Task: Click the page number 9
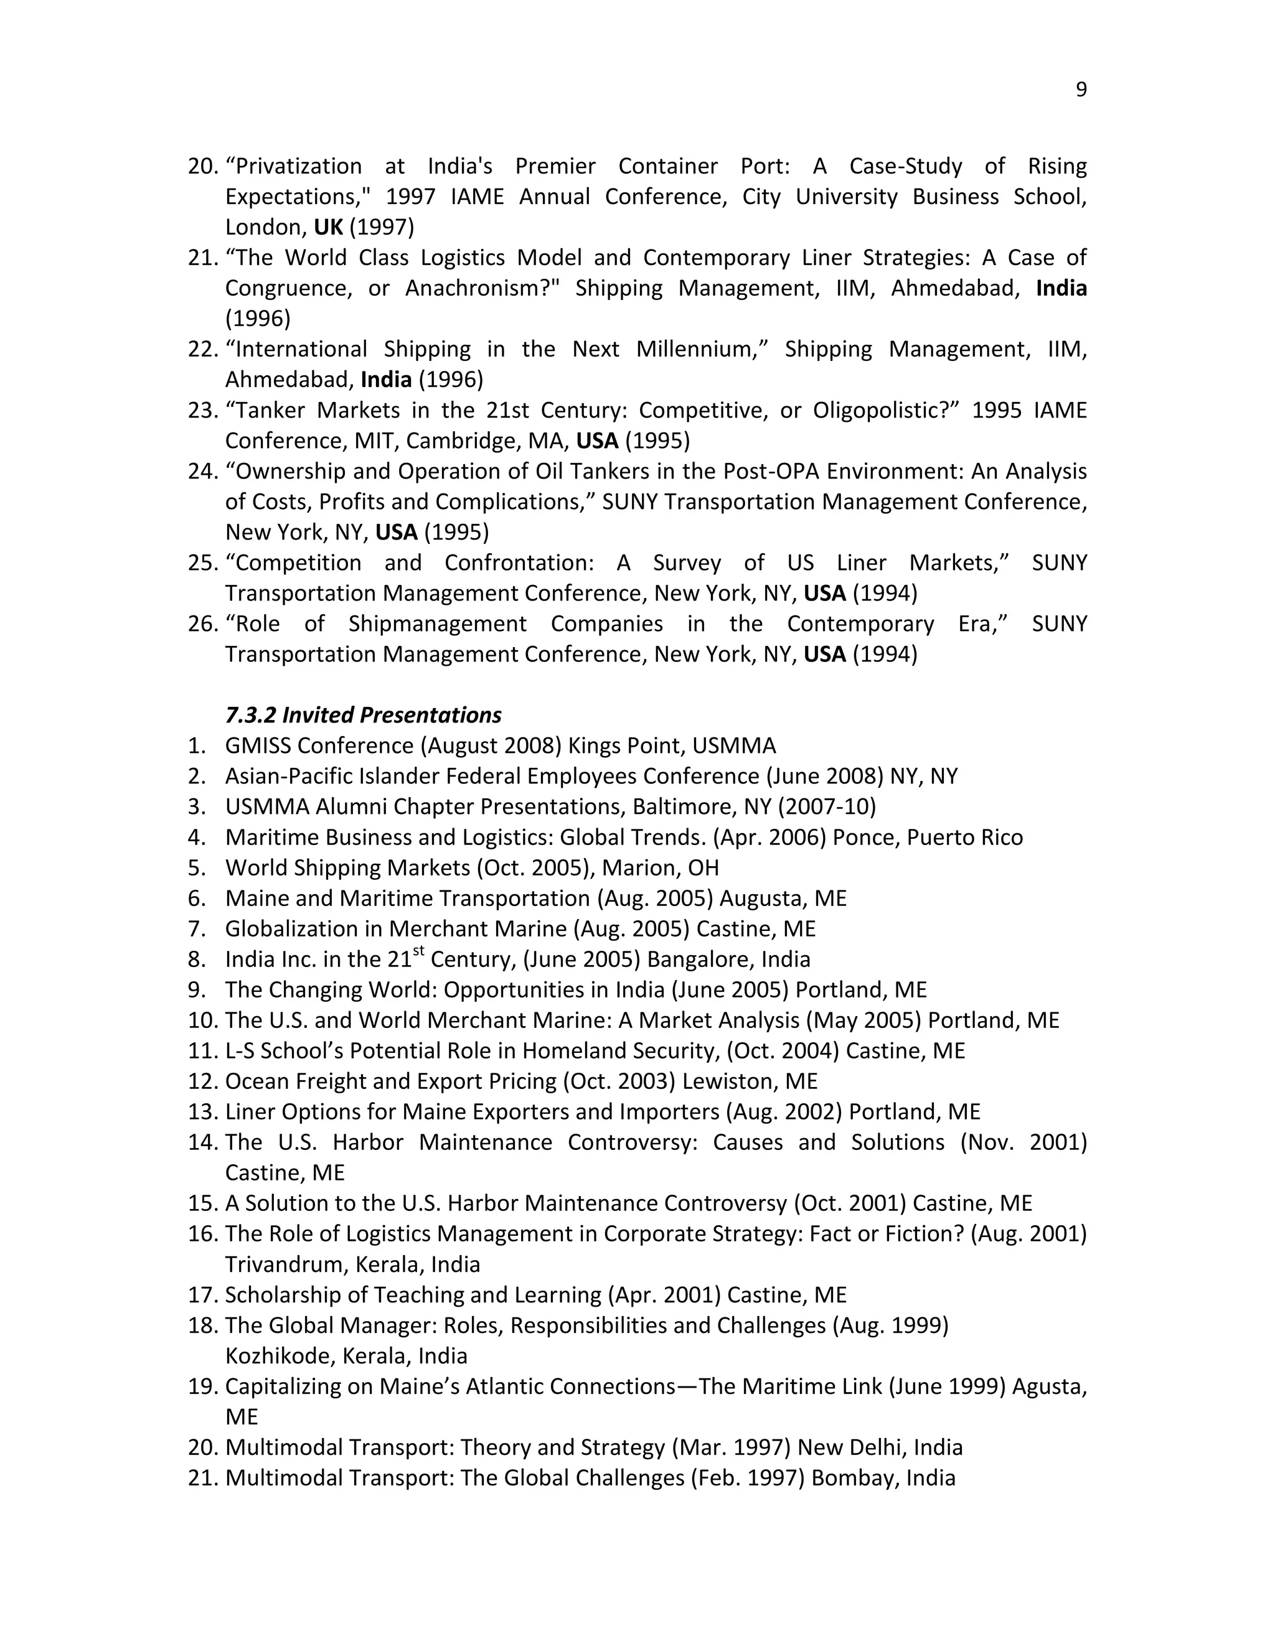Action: pos(1081,90)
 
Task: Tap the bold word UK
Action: pos(328,227)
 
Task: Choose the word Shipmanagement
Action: pos(437,624)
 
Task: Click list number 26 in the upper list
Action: pos(202,624)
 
